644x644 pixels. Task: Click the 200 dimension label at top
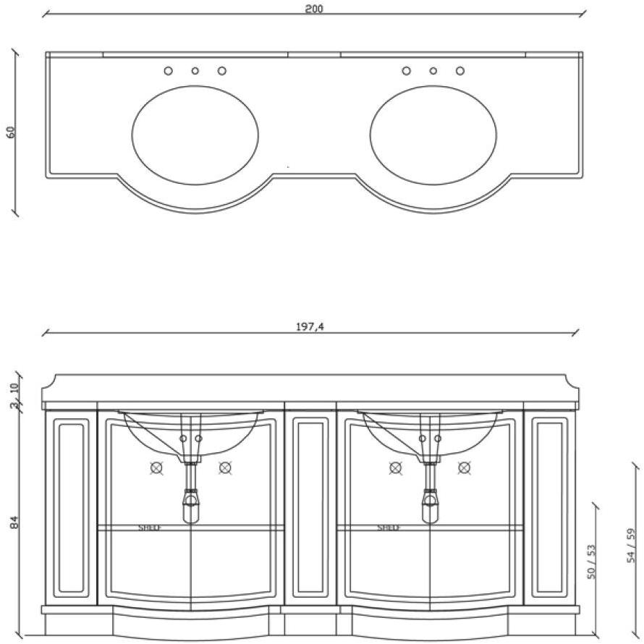tap(314, 9)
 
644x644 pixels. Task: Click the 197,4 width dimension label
tap(310, 327)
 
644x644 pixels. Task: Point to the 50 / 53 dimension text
tap(591, 562)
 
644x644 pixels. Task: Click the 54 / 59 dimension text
tap(631, 546)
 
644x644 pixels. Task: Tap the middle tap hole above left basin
tap(195, 71)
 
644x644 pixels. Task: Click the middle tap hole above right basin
tap(433, 71)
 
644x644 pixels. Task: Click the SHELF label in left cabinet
tap(150, 528)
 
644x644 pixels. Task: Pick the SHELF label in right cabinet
tap(389, 528)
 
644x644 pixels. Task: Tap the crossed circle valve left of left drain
tap(157, 467)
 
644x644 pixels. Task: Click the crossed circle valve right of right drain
tap(464, 467)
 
